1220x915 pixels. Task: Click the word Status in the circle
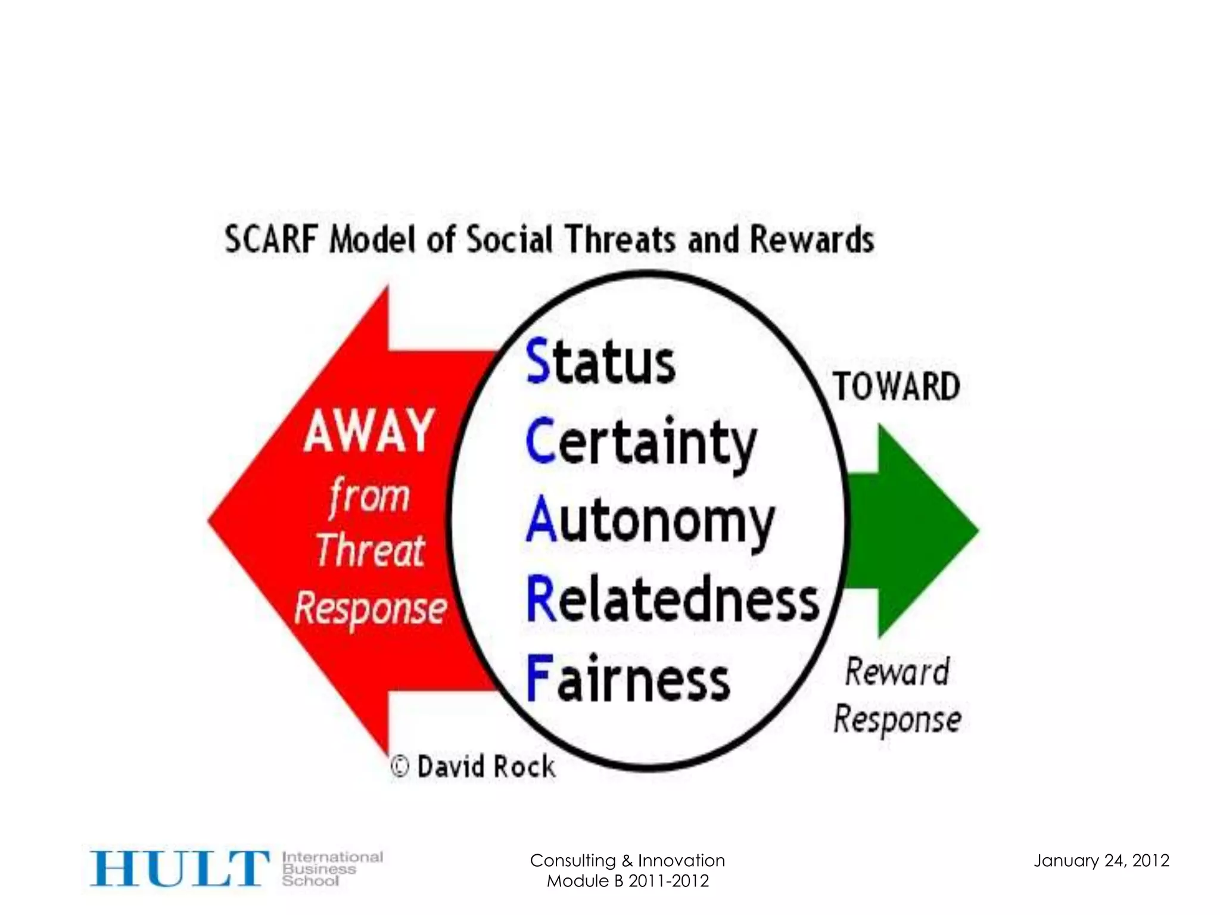pos(600,361)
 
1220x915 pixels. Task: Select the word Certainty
pos(640,443)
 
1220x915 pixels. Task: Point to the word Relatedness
pos(673,600)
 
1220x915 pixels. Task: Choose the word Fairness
pos(628,679)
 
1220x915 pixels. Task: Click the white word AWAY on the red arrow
pos(369,430)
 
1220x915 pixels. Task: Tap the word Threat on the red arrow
pos(370,550)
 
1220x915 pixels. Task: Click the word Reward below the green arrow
pos(897,672)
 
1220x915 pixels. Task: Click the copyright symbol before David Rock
pos(400,766)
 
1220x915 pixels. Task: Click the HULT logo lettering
pos(179,869)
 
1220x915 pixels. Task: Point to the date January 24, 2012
pos(1101,861)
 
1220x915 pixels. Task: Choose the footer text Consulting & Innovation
pos(627,861)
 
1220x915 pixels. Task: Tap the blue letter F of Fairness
pos(539,679)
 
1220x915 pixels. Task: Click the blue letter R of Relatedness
pos(540,600)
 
